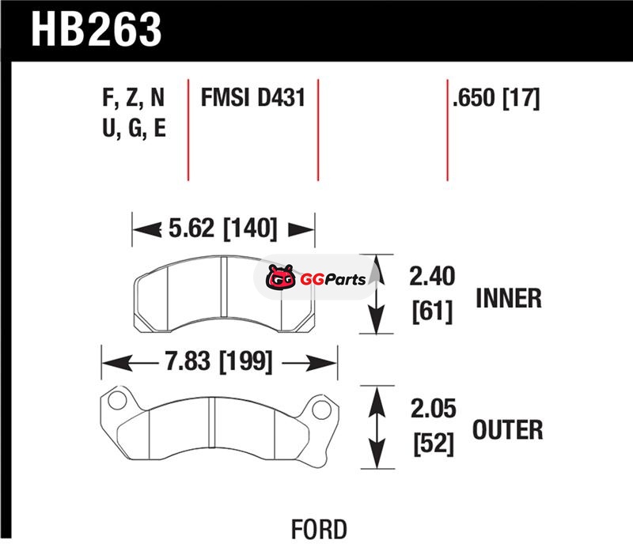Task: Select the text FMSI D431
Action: coord(252,99)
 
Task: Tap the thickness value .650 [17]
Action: coord(495,99)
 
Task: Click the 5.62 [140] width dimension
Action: coord(223,229)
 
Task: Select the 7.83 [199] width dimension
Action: coord(219,362)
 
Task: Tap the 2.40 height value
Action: coord(432,278)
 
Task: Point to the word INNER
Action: coord(509,298)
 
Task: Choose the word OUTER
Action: coord(507,430)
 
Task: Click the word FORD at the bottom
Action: coord(318,528)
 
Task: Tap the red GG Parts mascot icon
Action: coord(277,279)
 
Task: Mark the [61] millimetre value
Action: coord(432,311)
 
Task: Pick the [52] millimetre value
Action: coord(432,445)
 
